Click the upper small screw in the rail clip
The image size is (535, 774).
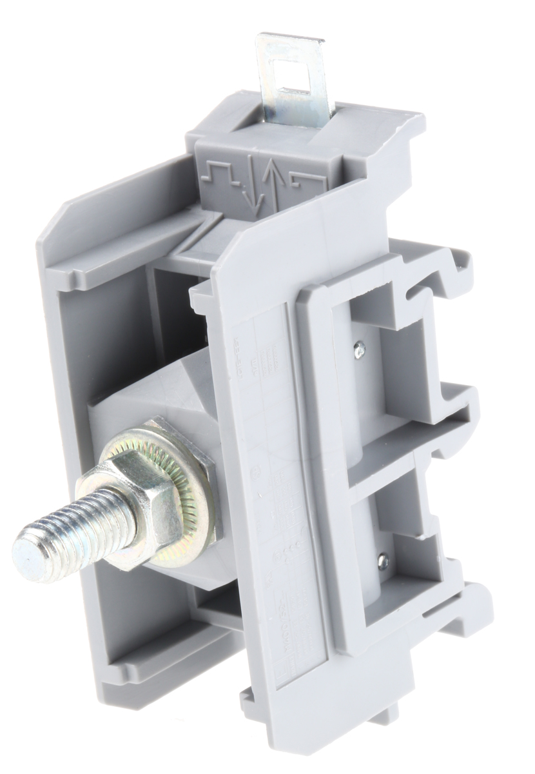coord(360,350)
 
